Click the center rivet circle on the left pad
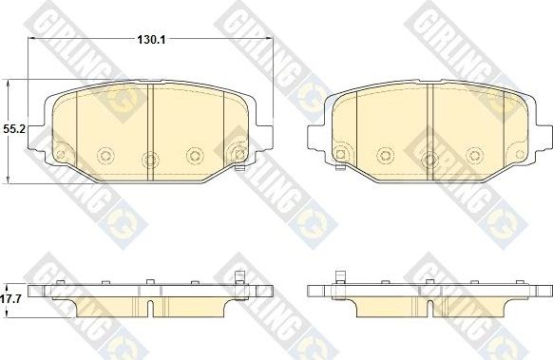click(147, 160)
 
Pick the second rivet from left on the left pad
click(105, 153)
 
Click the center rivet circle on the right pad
click(429, 160)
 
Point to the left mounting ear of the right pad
click(315, 139)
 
